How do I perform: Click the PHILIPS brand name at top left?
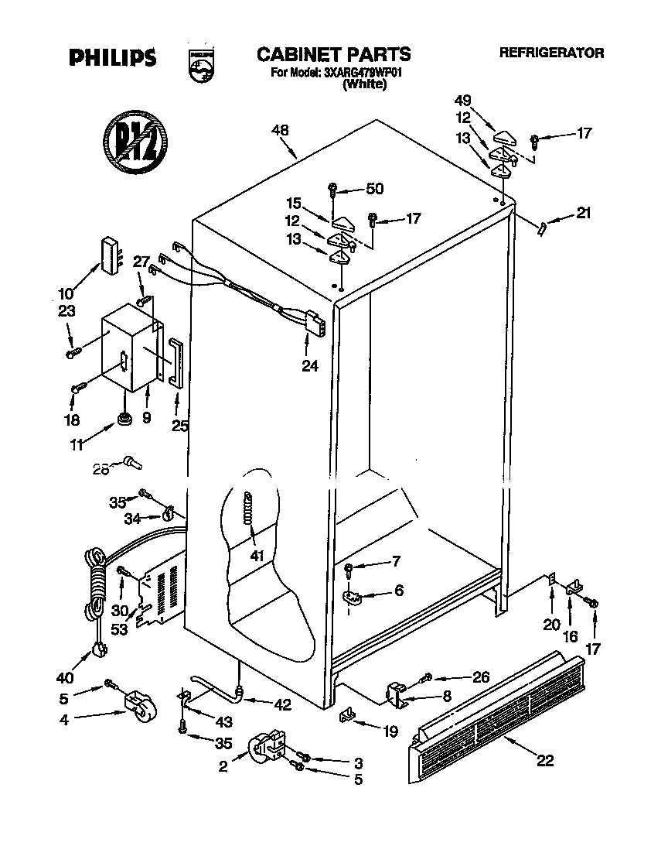tap(112, 57)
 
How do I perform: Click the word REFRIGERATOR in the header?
tap(551, 53)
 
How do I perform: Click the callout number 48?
tap(281, 131)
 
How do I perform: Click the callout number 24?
tap(309, 366)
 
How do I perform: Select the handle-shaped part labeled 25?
tap(176, 361)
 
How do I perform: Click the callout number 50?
tap(374, 188)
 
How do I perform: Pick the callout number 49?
tap(462, 100)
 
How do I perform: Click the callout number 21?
tap(582, 213)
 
